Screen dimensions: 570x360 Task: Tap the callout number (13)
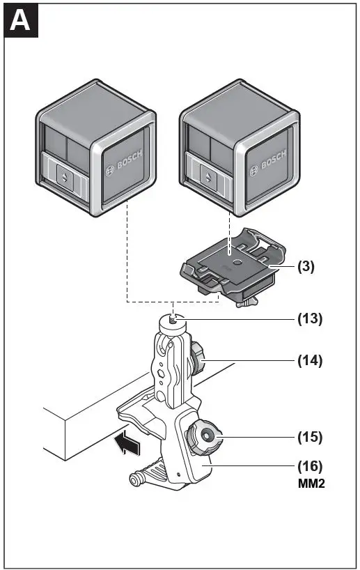click(x=311, y=319)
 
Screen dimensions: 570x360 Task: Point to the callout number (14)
click(x=311, y=361)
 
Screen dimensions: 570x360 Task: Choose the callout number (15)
click(x=311, y=438)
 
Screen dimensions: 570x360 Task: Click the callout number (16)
click(x=311, y=465)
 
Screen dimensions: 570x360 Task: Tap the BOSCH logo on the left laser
click(x=122, y=164)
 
